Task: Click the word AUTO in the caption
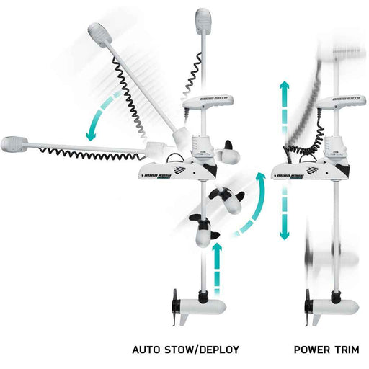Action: point(146,350)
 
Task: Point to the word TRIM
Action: point(352,350)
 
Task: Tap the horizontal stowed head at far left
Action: point(16,144)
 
